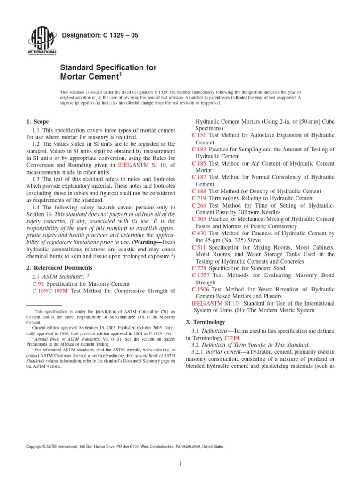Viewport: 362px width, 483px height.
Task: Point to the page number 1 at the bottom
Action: point(181,464)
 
